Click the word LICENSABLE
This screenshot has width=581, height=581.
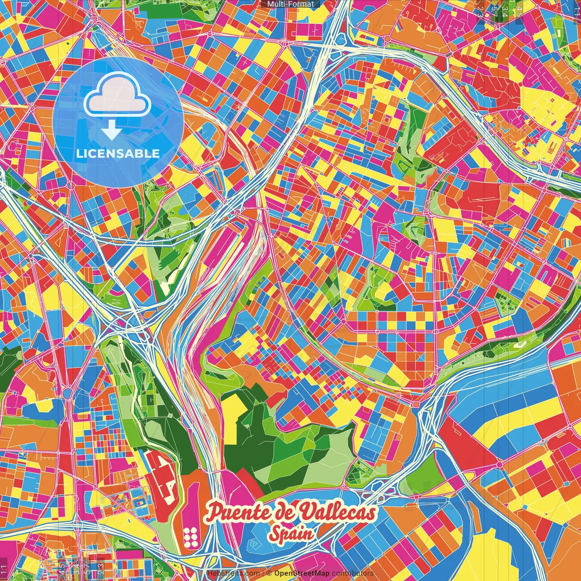(x=118, y=153)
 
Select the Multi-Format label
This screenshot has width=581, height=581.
(x=290, y=4)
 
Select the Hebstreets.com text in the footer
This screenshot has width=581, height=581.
(x=233, y=573)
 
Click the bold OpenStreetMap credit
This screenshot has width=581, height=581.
(x=302, y=573)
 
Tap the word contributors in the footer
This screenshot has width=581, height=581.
(x=352, y=573)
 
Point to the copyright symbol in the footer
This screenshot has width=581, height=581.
(x=269, y=573)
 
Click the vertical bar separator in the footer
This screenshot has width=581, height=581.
(x=263, y=573)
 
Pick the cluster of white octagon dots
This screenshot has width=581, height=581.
(x=191, y=536)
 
